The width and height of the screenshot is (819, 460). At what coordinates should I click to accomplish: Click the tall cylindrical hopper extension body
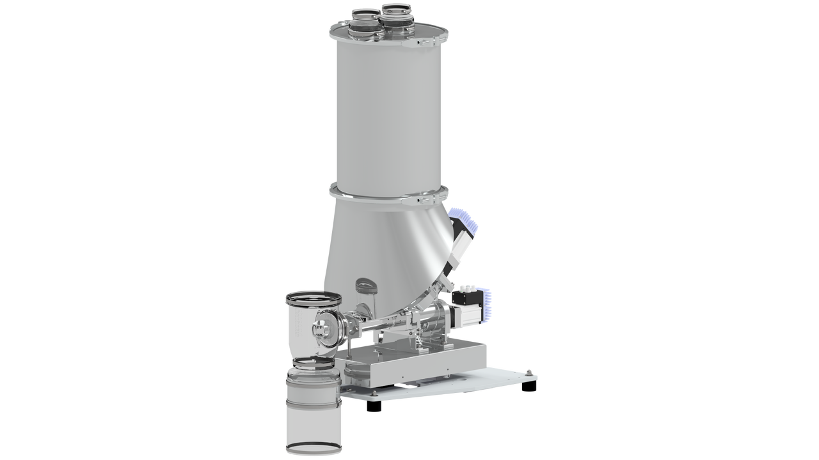(387, 115)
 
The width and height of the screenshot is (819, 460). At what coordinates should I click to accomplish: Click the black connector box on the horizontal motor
(466, 295)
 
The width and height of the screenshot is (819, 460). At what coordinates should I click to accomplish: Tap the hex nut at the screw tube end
(318, 330)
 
